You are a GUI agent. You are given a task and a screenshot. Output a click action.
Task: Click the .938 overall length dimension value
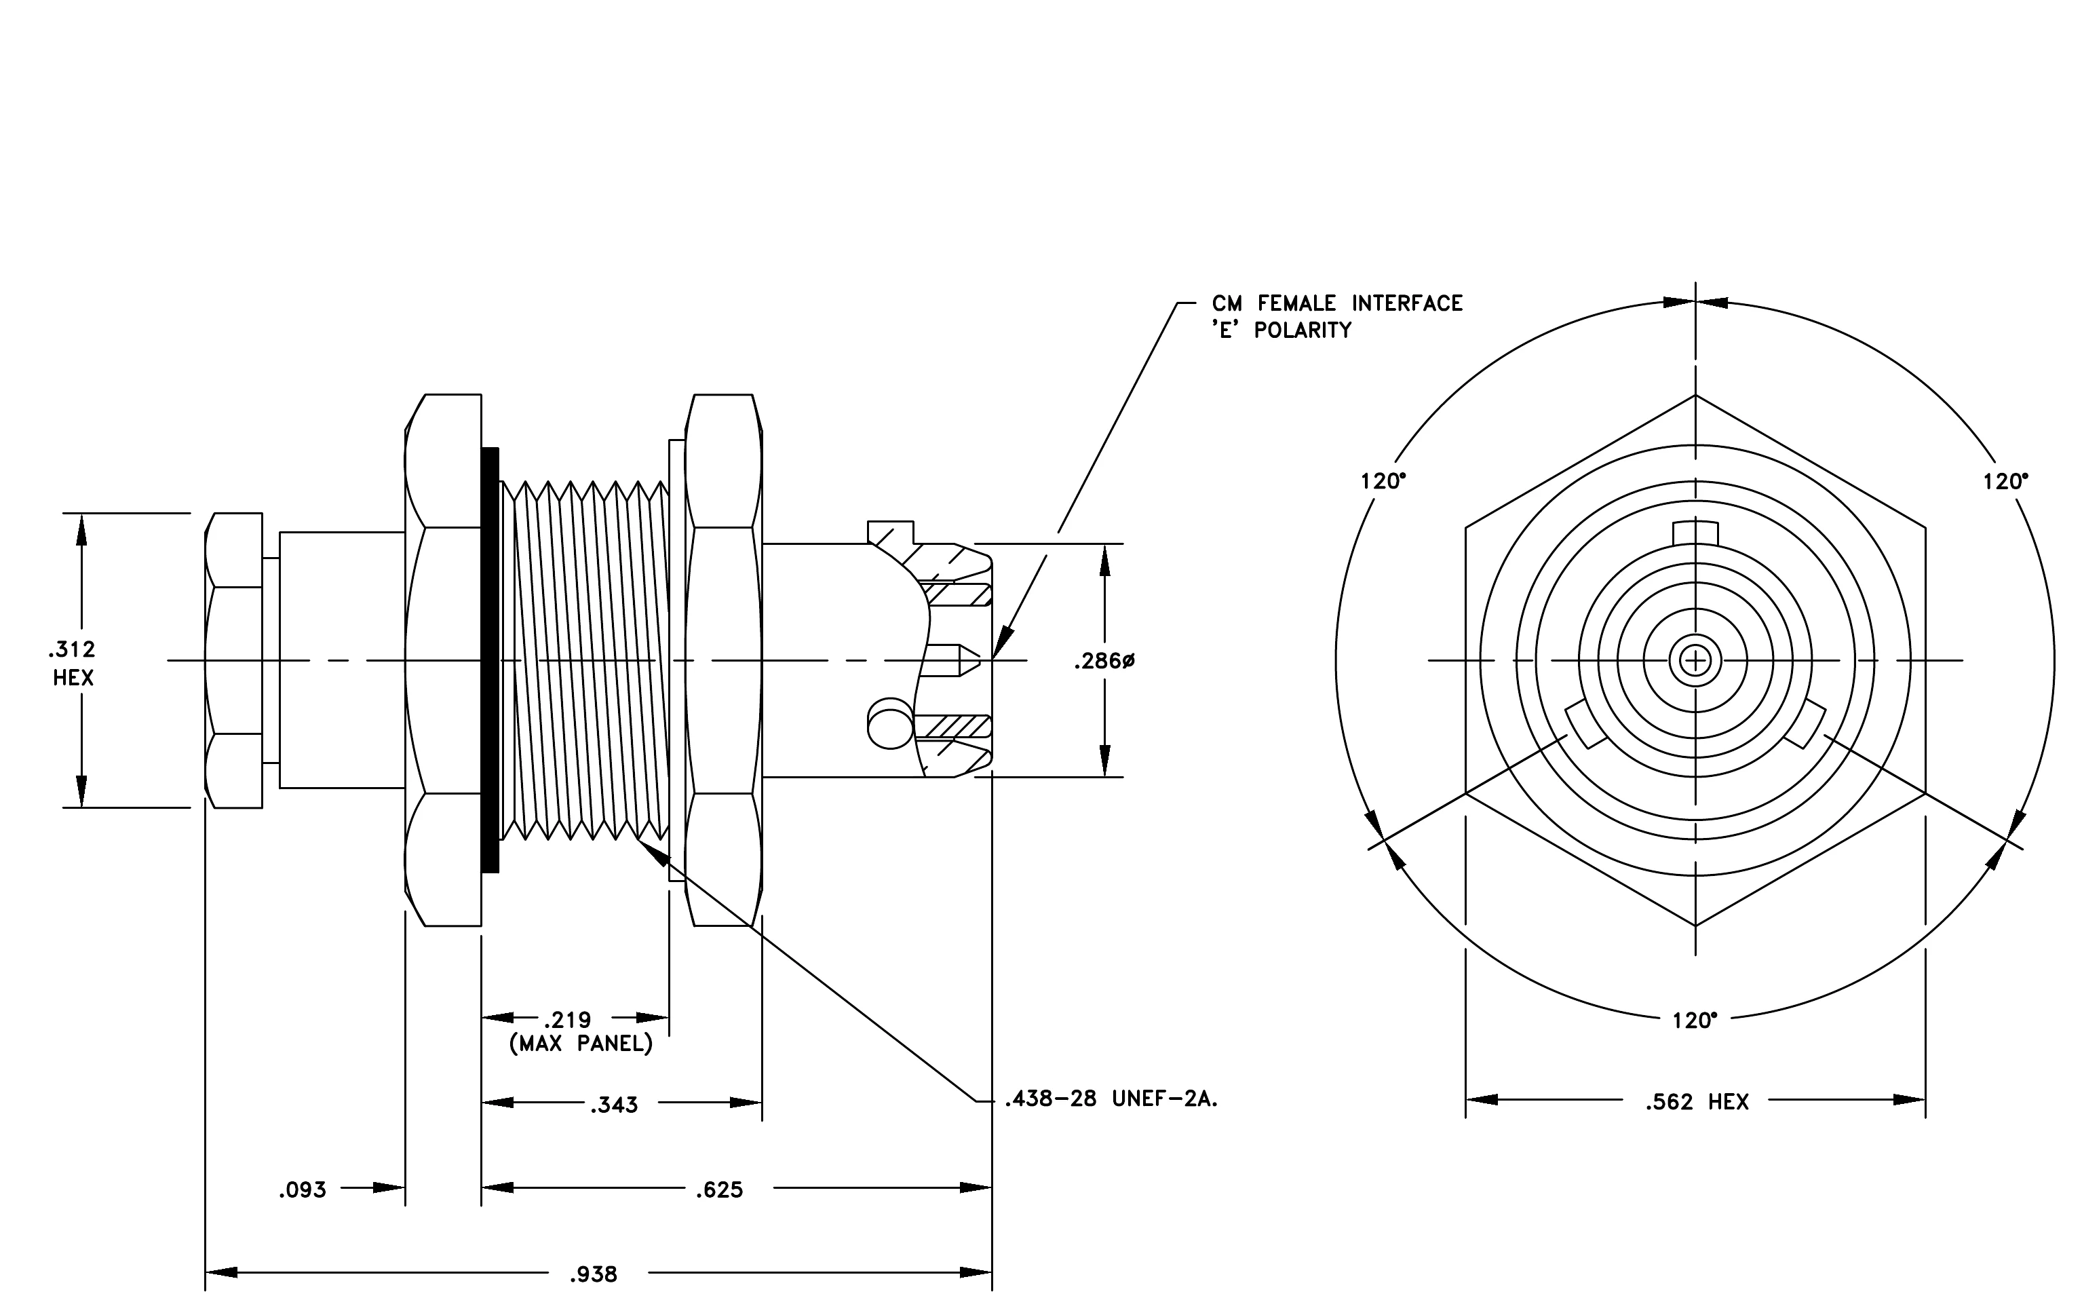593,1274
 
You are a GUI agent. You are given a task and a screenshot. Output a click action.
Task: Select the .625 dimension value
719,1189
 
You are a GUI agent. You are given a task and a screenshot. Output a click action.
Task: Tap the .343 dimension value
614,1104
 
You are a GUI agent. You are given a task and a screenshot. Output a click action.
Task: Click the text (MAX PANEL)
581,1044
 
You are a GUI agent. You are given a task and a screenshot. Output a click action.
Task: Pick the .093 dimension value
303,1189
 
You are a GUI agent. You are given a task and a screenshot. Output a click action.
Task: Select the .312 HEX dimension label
73,663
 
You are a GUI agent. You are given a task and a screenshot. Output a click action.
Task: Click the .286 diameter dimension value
1104,662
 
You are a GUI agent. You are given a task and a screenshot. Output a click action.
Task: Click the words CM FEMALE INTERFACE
1336,303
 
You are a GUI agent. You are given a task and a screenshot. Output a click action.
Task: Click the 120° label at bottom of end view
1695,1021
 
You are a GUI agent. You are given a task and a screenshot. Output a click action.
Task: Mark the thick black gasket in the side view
490,660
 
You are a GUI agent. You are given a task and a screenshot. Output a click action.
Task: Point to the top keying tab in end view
1695,533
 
